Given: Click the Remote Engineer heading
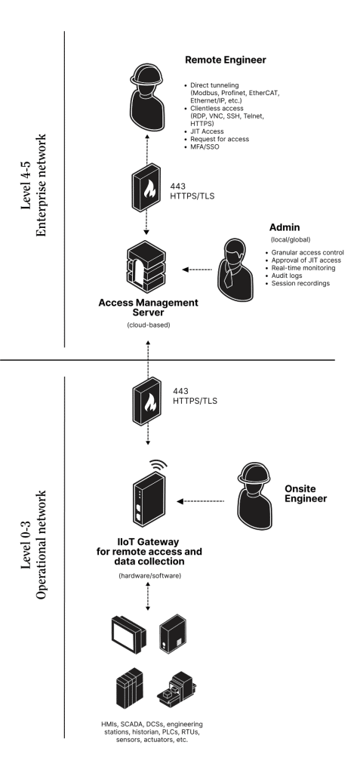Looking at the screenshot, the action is tap(226, 60).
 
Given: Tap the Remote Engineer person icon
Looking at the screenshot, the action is tap(147, 96).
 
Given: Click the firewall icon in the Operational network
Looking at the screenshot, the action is tap(147, 401).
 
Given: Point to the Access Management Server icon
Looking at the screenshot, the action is tap(146, 268).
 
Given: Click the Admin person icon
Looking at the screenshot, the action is tap(235, 269).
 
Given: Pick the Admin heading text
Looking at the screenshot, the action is tap(285, 228).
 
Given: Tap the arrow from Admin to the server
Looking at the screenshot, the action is tap(197, 269).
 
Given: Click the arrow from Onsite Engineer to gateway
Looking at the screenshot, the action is tap(200, 501).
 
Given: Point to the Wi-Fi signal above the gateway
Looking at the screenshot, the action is tap(158, 464).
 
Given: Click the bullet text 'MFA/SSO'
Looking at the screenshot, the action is tap(205, 147).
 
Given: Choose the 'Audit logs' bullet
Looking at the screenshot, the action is tap(287, 276).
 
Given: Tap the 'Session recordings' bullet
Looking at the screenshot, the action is tap(300, 284).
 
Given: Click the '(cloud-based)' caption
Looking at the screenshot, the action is tap(148, 325).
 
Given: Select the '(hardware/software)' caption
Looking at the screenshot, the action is tap(149, 575).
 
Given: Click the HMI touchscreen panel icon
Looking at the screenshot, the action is tap(128, 633).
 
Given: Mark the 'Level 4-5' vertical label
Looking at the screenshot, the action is tap(28, 186).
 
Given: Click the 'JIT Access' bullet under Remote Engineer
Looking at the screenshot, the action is tap(207, 131).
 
